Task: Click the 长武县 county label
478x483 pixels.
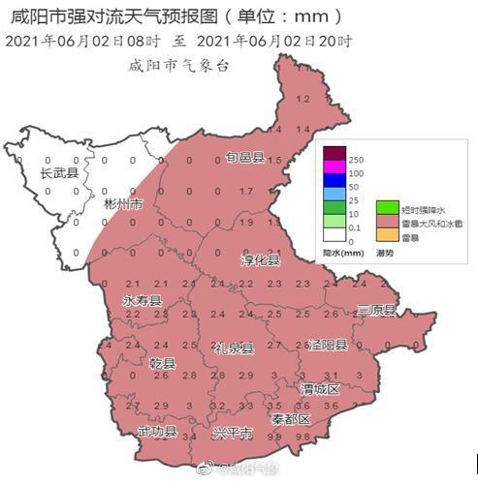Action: (59, 173)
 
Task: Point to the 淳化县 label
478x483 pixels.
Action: (260, 260)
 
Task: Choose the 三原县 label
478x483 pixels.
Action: (376, 310)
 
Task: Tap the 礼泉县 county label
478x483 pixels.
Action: (234, 347)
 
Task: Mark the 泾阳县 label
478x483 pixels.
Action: (327, 345)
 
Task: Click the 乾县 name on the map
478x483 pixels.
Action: (162, 364)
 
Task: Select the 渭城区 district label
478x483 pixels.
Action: (319, 388)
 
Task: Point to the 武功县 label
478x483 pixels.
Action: (156, 431)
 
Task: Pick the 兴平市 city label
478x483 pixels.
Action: (233, 432)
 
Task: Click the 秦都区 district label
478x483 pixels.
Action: (291, 419)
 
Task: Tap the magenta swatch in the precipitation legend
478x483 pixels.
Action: (335, 166)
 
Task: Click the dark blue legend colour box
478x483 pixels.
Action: (335, 179)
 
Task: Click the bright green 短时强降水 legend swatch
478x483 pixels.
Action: (387, 207)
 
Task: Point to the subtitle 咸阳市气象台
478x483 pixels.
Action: (180, 65)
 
